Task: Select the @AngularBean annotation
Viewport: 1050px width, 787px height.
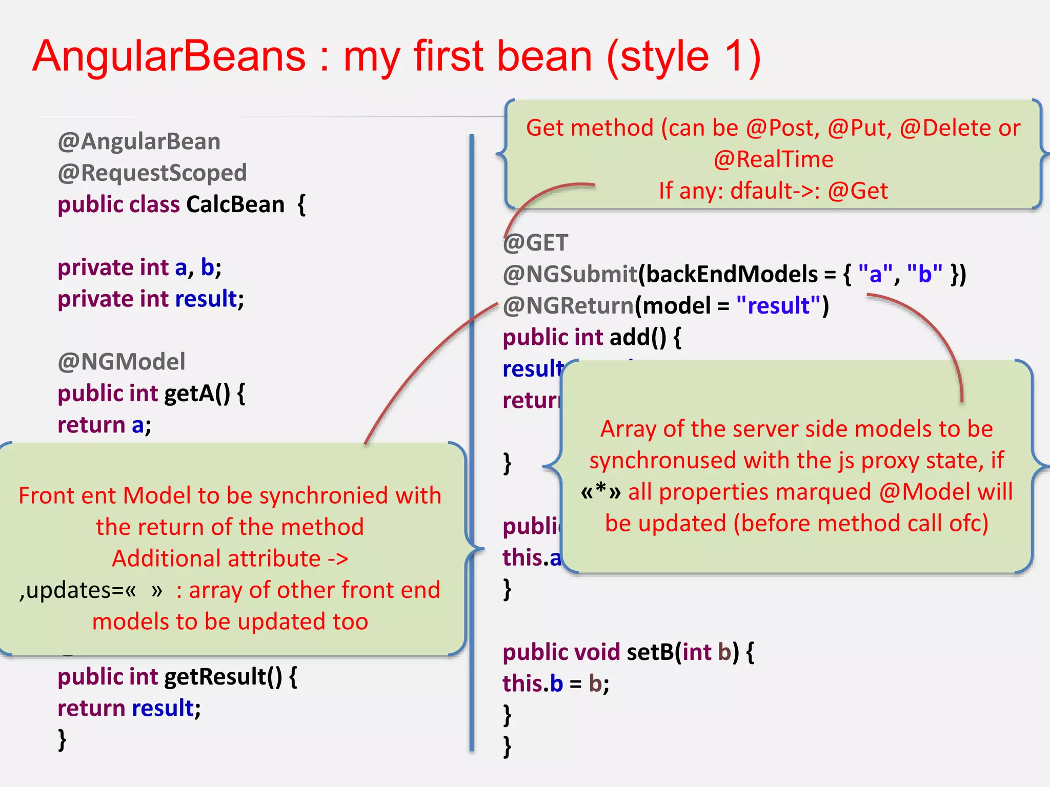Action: [x=139, y=141]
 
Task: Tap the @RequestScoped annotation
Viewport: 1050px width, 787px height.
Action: [x=152, y=173]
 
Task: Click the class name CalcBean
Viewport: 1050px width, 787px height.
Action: [x=235, y=204]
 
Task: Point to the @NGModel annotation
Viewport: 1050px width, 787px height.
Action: [x=122, y=362]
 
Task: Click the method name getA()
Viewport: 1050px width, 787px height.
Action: [x=197, y=393]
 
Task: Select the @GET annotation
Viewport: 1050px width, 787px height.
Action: [x=536, y=243]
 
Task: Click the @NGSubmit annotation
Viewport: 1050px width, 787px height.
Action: [x=570, y=274]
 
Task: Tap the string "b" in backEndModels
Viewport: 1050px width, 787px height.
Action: [x=924, y=274]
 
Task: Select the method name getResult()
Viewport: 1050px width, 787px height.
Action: [x=223, y=677]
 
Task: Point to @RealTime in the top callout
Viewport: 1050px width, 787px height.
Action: [x=773, y=159]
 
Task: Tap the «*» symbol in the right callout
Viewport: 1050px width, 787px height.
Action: [x=601, y=492]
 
